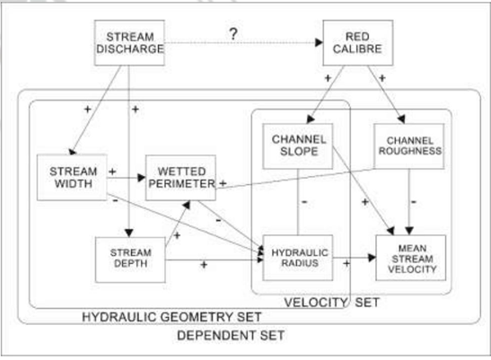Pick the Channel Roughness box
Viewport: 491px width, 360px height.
pyautogui.click(x=410, y=145)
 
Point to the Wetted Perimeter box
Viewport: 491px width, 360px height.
pyautogui.click(x=182, y=178)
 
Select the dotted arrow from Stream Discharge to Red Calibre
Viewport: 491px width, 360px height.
pyautogui.click(x=242, y=43)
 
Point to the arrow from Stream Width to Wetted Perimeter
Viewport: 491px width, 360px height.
pyautogui.click(x=126, y=178)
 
